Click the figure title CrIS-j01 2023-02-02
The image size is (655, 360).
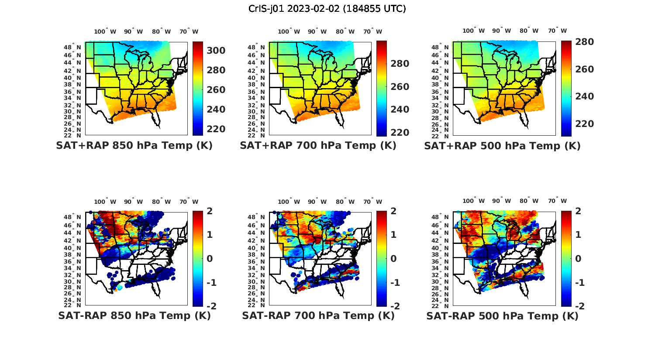327,9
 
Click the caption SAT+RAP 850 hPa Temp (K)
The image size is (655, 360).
134,146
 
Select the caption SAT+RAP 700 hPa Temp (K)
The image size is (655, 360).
318,146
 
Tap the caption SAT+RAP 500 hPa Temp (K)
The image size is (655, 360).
502,146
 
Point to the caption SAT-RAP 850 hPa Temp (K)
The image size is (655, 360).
134,315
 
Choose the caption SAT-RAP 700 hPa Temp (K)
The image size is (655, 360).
318,315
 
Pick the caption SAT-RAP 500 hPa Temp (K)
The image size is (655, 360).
502,315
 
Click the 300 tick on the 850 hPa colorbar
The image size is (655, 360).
216,51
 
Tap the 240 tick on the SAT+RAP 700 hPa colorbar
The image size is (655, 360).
400,110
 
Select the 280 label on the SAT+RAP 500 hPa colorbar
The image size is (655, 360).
584,42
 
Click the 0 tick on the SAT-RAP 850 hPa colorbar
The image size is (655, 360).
210,259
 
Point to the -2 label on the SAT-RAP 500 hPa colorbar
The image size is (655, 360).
579,306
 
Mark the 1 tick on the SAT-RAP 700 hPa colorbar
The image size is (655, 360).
393,235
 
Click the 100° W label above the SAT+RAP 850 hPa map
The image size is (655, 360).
105,31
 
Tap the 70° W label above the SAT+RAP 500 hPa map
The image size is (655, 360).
558,31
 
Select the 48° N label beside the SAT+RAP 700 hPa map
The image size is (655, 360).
256,47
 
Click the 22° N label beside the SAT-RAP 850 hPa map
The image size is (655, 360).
72,305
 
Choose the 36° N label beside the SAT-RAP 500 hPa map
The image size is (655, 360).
441,261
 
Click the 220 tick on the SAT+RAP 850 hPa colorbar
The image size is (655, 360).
216,129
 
